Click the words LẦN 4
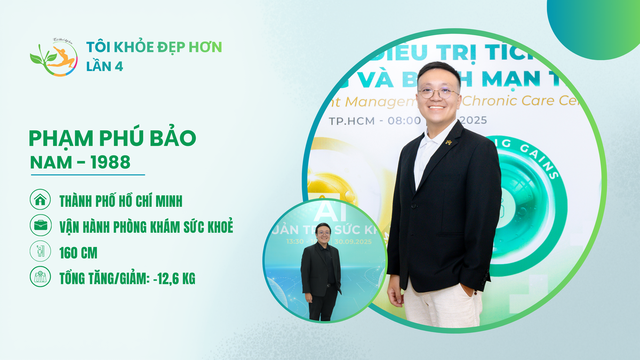[x=105, y=67]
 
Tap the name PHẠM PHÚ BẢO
[x=112, y=138]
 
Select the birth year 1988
[x=110, y=162]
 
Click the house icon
[x=40, y=199]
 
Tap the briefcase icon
[x=40, y=225]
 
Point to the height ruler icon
[x=40, y=251]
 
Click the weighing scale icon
[x=40, y=276]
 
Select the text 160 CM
[x=78, y=253]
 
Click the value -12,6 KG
[x=174, y=279]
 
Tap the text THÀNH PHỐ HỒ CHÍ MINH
[x=121, y=201]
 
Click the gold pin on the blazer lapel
[x=448, y=142]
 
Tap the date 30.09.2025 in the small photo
[x=353, y=242]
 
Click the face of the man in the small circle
[x=323, y=232]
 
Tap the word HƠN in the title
[x=205, y=47]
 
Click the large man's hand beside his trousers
[x=396, y=294]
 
